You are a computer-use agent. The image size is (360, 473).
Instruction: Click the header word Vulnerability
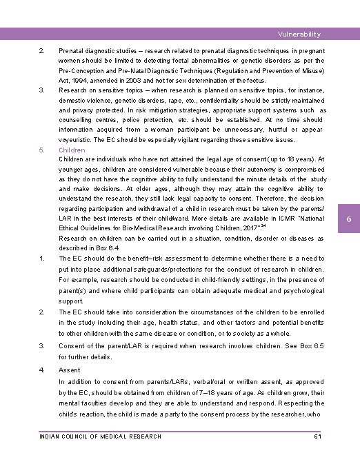pyautogui.click(x=299, y=34)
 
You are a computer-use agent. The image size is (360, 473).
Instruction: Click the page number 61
pyautogui.click(x=317, y=436)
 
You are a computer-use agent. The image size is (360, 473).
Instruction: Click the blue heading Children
pyautogui.click(x=72, y=150)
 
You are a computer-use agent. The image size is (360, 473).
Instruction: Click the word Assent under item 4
pyautogui.click(x=70, y=370)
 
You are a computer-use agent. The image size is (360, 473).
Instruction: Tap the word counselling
pyautogui.click(x=77, y=120)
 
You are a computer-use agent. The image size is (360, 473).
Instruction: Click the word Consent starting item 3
pyautogui.click(x=72, y=346)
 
